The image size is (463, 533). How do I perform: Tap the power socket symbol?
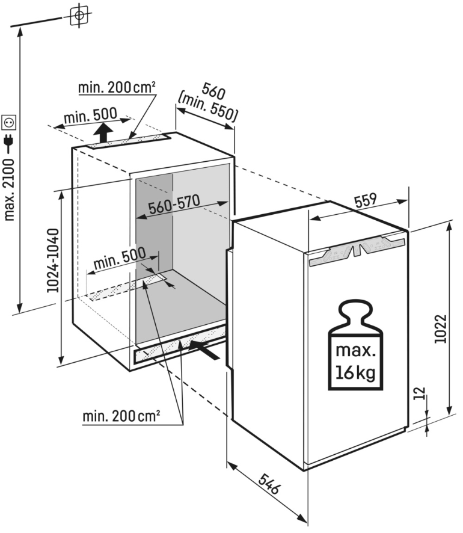click(9, 123)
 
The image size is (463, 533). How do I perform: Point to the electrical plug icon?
click(9, 142)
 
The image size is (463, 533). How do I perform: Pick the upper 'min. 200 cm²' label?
click(117, 88)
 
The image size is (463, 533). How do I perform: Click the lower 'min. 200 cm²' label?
click(121, 415)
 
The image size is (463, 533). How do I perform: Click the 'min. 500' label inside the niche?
click(120, 261)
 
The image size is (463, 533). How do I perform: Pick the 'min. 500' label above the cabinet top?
click(90, 117)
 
